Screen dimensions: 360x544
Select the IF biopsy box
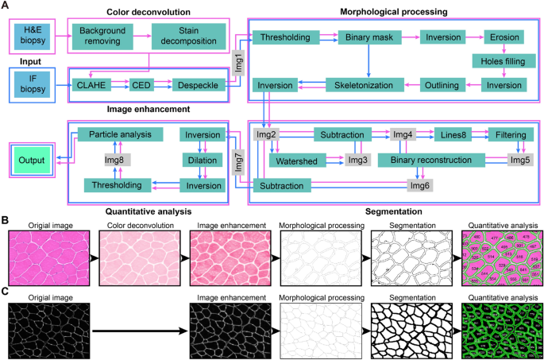[32, 83]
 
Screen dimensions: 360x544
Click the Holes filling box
[507, 60]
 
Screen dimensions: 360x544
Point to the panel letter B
[6, 218]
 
